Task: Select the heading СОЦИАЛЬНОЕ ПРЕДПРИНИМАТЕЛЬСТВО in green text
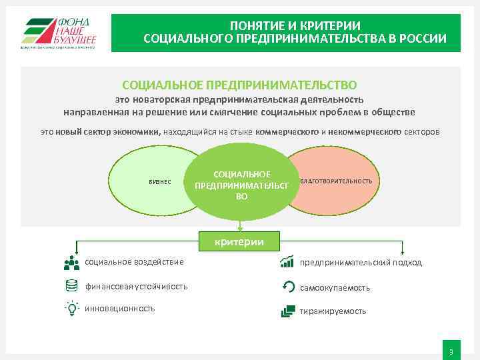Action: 239,85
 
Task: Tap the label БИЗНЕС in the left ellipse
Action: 159,182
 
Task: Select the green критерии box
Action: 239,241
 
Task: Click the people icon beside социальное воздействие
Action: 71,262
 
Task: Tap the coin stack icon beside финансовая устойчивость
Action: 72,286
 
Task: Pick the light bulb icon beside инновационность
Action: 72,308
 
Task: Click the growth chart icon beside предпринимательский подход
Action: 288,261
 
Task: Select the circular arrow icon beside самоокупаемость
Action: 288,287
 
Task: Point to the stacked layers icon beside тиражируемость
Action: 288,310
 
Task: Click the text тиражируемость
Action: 333,311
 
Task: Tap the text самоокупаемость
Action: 335,288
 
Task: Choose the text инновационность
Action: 120,308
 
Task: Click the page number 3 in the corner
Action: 451,351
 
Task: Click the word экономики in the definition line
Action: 138,132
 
